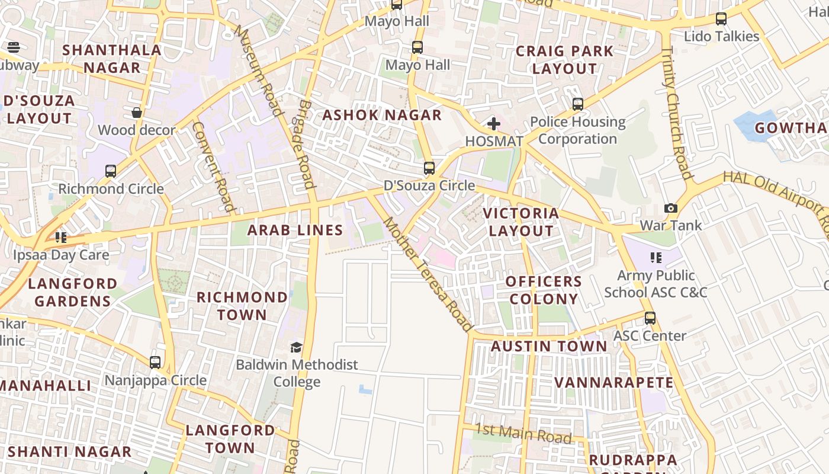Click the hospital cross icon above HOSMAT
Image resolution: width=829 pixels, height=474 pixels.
pos(493,124)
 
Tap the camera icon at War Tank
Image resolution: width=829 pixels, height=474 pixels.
pos(670,208)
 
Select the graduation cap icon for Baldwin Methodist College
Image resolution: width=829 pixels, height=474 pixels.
pos(296,347)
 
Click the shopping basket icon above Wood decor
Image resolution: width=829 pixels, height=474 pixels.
pos(137,113)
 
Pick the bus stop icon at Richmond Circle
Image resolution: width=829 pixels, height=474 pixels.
pos(111,171)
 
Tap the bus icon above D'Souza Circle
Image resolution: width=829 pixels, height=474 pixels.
pos(429,168)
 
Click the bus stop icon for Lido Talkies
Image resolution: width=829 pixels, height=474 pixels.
pos(721,19)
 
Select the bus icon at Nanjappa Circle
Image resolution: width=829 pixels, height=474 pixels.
pos(155,362)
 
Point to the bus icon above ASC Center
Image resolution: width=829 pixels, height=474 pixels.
pos(650,318)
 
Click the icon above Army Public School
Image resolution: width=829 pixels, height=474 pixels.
pos(656,258)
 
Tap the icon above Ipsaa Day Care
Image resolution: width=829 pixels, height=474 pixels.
pos(61,238)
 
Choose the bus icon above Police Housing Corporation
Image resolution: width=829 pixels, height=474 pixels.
pos(577,104)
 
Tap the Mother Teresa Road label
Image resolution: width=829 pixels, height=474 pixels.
pos(429,274)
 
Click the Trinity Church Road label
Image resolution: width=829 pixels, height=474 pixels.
pos(676,113)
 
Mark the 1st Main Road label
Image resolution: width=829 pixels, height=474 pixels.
pos(523,434)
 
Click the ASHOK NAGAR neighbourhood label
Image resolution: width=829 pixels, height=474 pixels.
pos(382,115)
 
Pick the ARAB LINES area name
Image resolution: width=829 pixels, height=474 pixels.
pos(295,230)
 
